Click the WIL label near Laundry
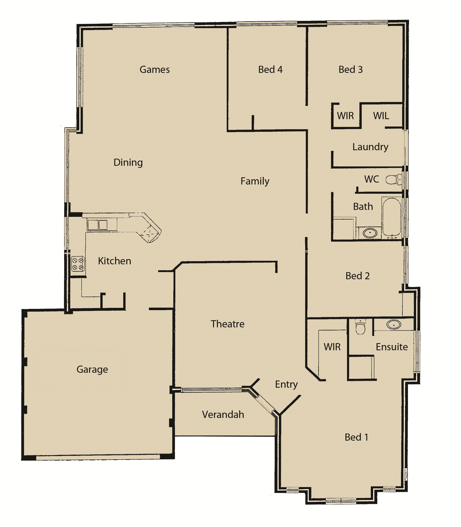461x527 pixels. click(381, 116)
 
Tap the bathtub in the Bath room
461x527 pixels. click(392, 216)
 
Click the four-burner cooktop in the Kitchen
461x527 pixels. click(78, 264)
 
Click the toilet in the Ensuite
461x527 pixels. click(360, 327)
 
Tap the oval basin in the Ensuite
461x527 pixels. click(394, 325)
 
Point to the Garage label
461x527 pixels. click(92, 370)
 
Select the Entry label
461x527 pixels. click(286, 384)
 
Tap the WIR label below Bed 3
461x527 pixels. click(345, 116)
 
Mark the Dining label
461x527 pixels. click(128, 163)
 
